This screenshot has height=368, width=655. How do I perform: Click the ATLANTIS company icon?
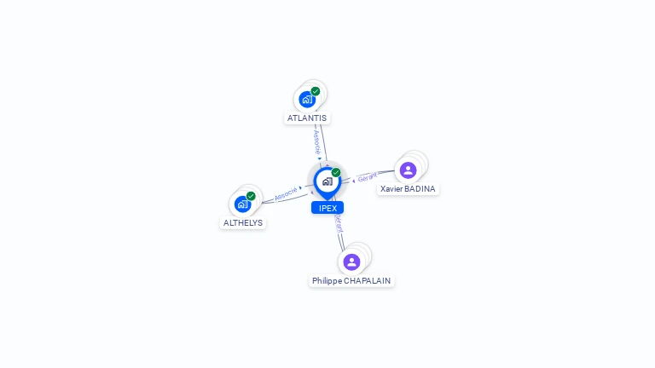coord(307,99)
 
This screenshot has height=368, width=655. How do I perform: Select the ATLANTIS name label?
coord(307,118)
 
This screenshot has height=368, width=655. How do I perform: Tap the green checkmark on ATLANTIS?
coord(316,91)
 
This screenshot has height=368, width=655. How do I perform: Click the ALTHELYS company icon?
coord(242,204)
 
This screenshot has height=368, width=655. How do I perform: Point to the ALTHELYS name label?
coord(243,223)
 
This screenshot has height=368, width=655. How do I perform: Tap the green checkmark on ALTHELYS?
coord(251,196)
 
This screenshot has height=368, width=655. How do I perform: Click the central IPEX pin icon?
coord(327,181)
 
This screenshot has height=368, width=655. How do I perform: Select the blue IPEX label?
coord(327,208)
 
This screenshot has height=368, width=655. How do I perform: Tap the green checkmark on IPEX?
coord(336,173)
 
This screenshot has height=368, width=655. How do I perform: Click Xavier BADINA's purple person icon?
coord(409,170)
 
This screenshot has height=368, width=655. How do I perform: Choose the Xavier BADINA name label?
coord(409,189)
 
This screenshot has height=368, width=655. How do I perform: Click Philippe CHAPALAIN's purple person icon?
coord(351,262)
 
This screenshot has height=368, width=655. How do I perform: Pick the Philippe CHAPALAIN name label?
coord(351,281)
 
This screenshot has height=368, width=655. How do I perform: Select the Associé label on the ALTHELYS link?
coord(286,193)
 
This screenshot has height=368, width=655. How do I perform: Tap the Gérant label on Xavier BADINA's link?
coord(368,177)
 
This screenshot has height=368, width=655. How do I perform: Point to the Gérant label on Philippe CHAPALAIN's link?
coord(339,223)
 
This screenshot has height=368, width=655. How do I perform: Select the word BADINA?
coord(420,189)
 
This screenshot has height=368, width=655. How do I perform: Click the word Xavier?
coord(391,189)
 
